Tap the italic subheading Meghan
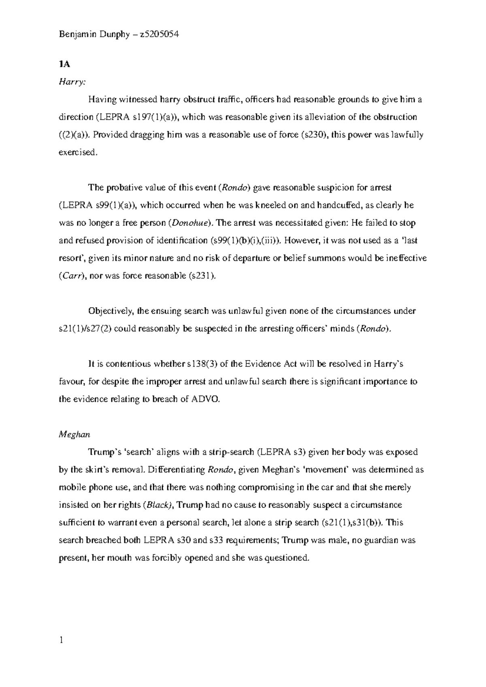(x=75, y=435)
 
